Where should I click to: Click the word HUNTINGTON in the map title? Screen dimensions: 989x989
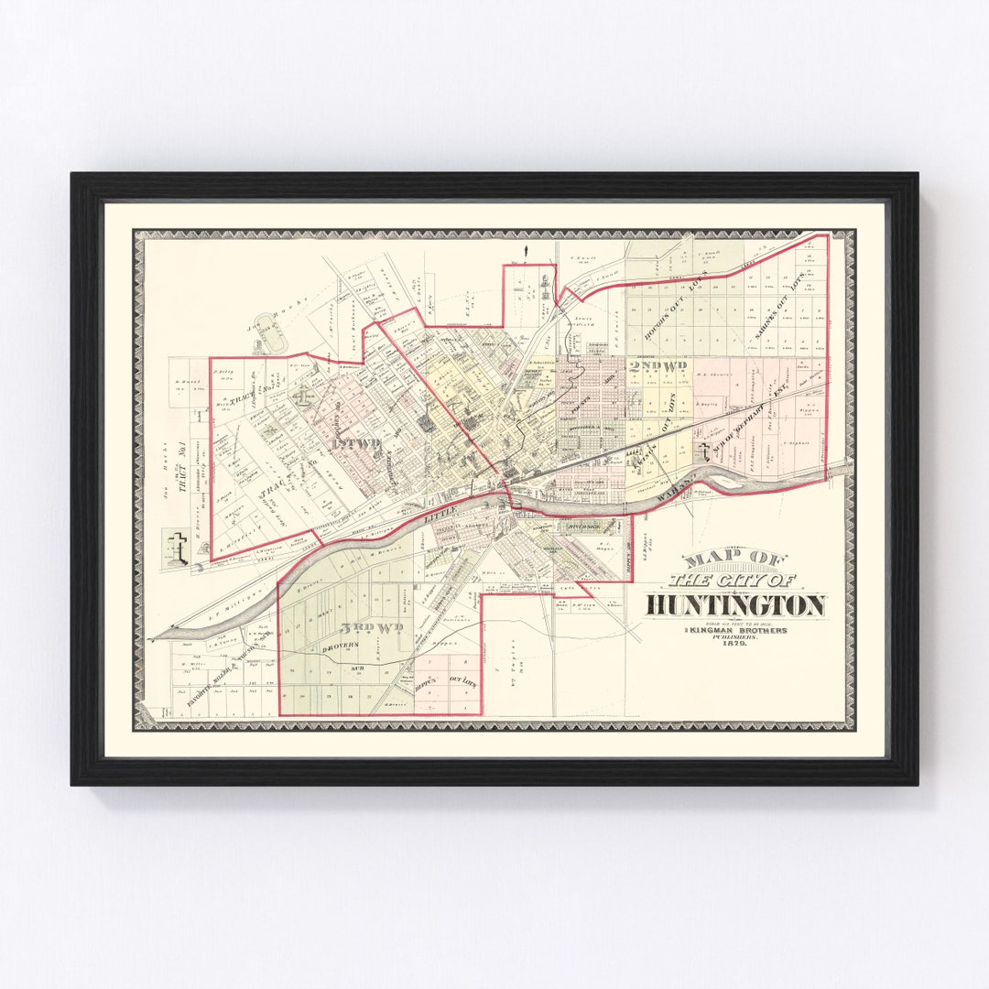pyautogui.click(x=736, y=605)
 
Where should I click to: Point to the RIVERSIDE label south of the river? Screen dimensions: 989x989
pyautogui.click(x=582, y=527)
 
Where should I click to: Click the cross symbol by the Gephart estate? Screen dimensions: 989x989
pyautogui.click(x=703, y=451)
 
